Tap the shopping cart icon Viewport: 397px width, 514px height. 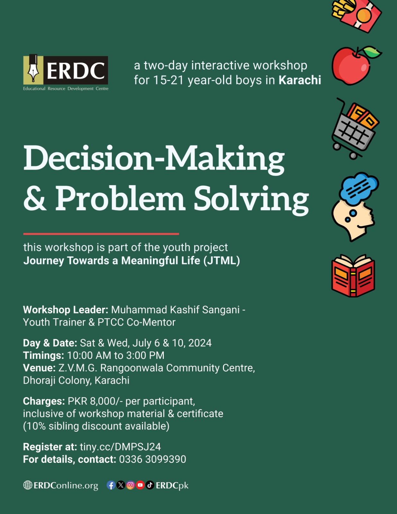pyautogui.click(x=355, y=128)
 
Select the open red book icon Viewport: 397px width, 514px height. pyautogui.click(x=353, y=276)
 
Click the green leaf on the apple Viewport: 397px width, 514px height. pyautogui.click(x=372, y=52)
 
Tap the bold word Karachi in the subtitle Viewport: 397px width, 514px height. pyautogui.click(x=300, y=80)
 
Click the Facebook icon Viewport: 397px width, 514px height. pyautogui.click(x=111, y=485)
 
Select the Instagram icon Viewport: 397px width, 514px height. pyautogui.click(x=130, y=485)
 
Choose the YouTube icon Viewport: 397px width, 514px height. pyautogui.click(x=140, y=485)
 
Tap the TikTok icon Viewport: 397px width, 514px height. pyautogui.click(x=150, y=485)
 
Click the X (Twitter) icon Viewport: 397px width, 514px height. pyautogui.click(x=120, y=485)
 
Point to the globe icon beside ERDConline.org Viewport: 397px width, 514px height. pyautogui.click(x=28, y=485)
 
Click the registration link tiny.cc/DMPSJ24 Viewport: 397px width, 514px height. pyautogui.click(x=120, y=447)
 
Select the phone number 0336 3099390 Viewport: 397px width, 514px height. pyautogui.click(x=153, y=459)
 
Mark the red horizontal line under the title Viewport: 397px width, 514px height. pyautogui.click(x=101, y=234)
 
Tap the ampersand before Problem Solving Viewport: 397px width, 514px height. pyautogui.click(x=35, y=198)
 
